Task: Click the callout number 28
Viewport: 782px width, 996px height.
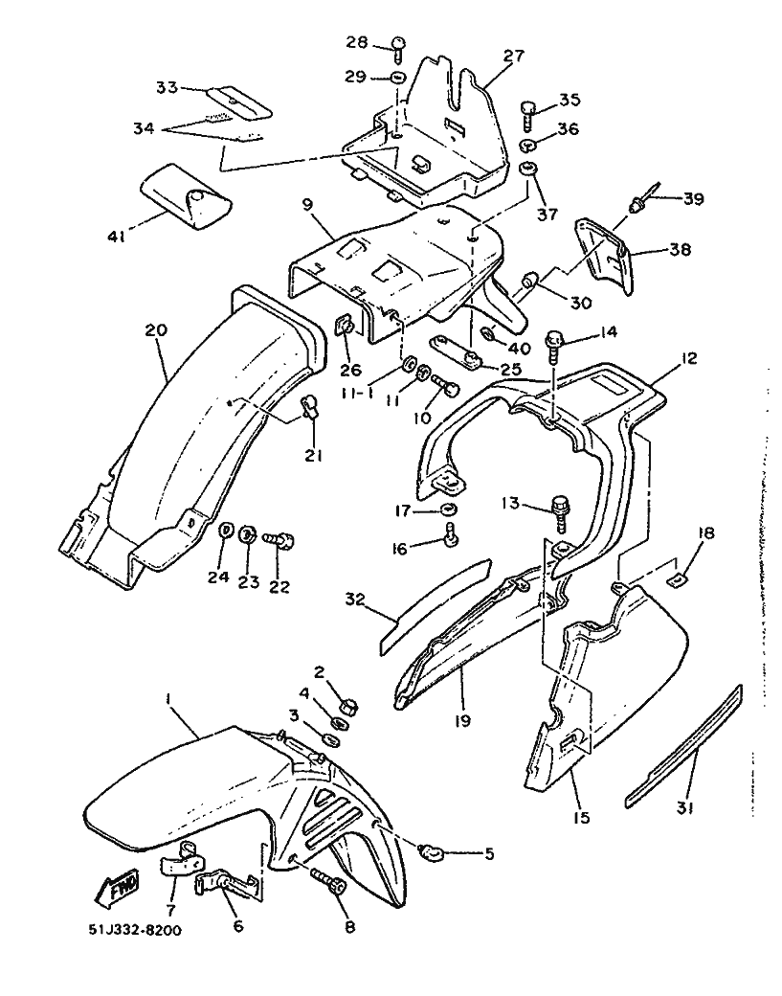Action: click(357, 42)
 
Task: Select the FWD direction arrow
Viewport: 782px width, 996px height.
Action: click(117, 888)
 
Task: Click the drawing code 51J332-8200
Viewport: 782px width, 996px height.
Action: click(135, 931)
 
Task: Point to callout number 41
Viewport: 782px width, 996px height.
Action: click(116, 237)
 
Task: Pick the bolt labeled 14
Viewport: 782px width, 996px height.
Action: click(553, 347)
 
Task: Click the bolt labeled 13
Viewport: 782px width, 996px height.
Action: click(561, 512)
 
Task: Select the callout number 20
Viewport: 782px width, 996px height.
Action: click(156, 330)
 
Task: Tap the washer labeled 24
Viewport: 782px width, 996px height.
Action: click(225, 530)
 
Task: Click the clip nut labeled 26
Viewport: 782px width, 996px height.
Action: click(346, 328)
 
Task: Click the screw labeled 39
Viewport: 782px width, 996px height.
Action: click(642, 198)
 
